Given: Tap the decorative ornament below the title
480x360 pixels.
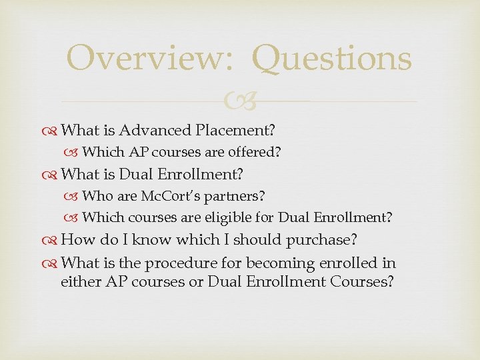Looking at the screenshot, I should point(240,102).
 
